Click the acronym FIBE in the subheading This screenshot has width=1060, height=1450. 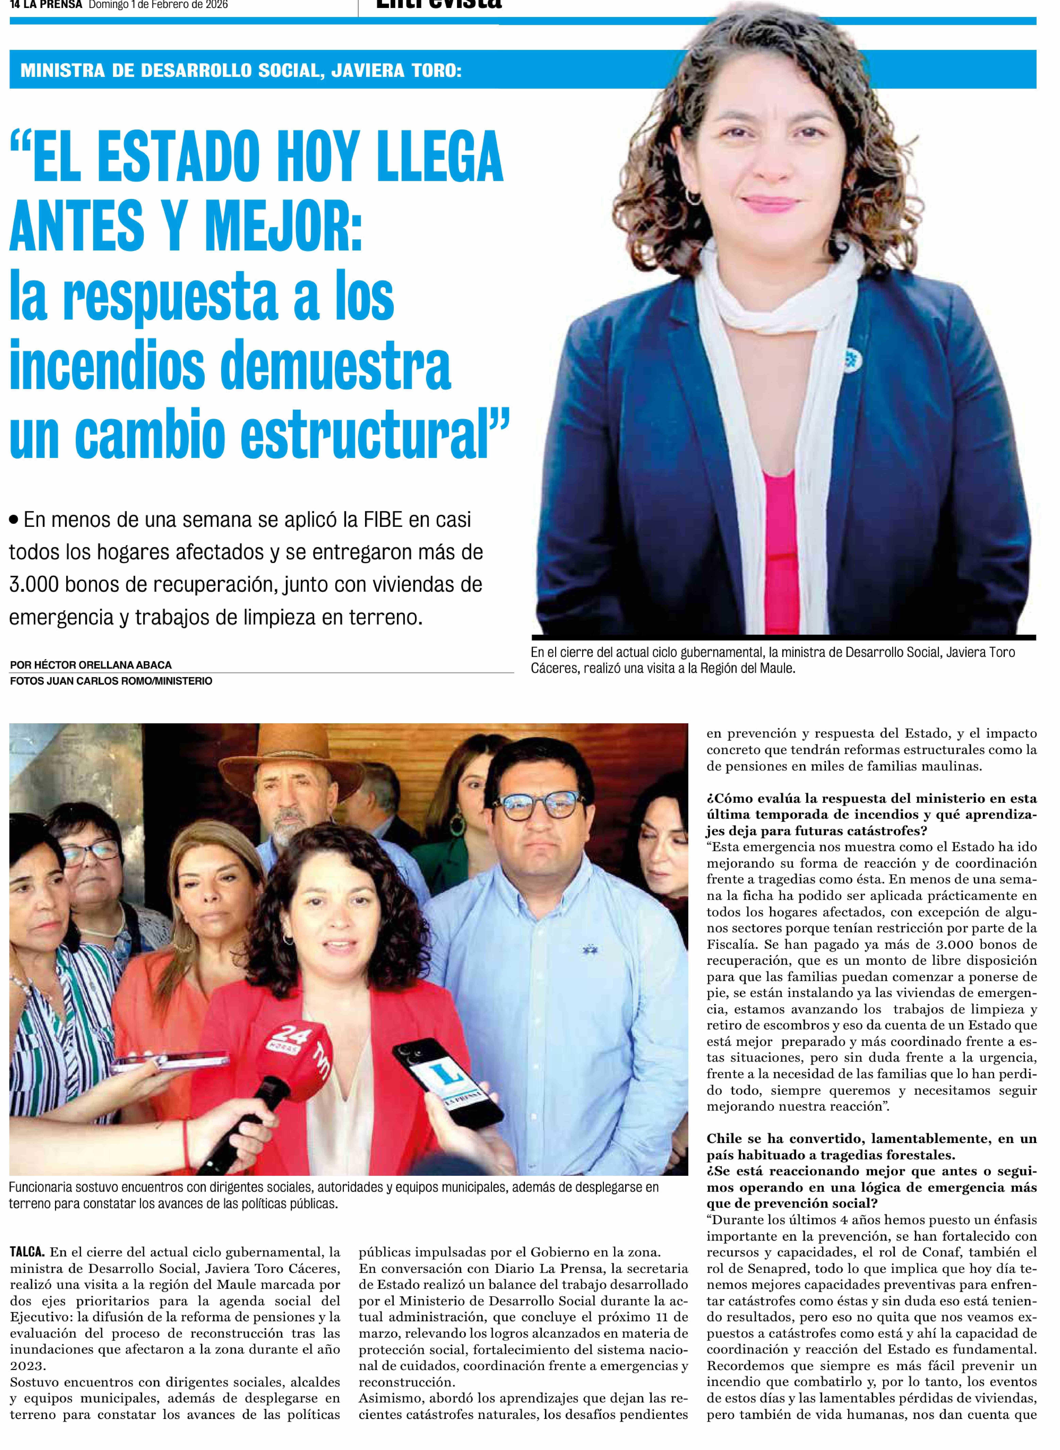(x=383, y=519)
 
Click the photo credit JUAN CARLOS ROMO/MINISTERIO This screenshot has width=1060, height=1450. (x=128, y=681)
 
